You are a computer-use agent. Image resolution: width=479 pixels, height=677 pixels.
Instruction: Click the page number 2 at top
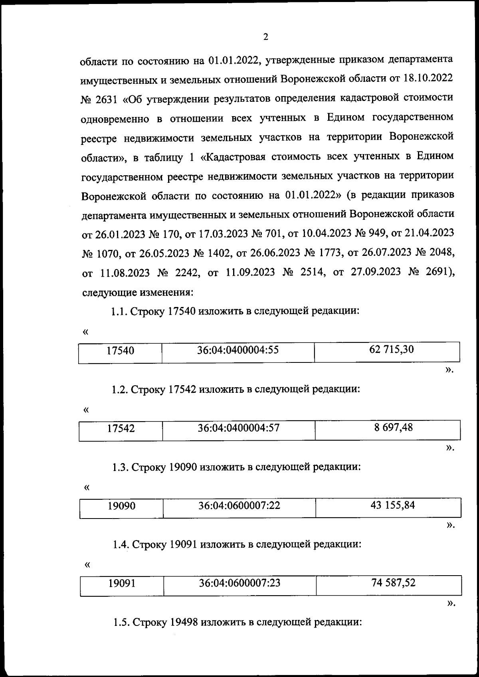tap(265, 37)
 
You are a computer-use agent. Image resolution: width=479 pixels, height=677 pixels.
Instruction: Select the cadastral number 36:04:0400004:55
tap(238, 350)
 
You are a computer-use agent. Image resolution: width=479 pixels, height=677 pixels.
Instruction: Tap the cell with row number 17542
tap(121, 429)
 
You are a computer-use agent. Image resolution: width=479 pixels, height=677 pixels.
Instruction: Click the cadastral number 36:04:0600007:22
tap(239, 506)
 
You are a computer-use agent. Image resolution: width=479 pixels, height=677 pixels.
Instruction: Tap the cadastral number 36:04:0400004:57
tap(239, 428)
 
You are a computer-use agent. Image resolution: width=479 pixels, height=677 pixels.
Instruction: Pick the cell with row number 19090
tap(121, 506)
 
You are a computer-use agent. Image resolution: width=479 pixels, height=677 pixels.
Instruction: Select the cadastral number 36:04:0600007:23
tap(239, 583)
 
